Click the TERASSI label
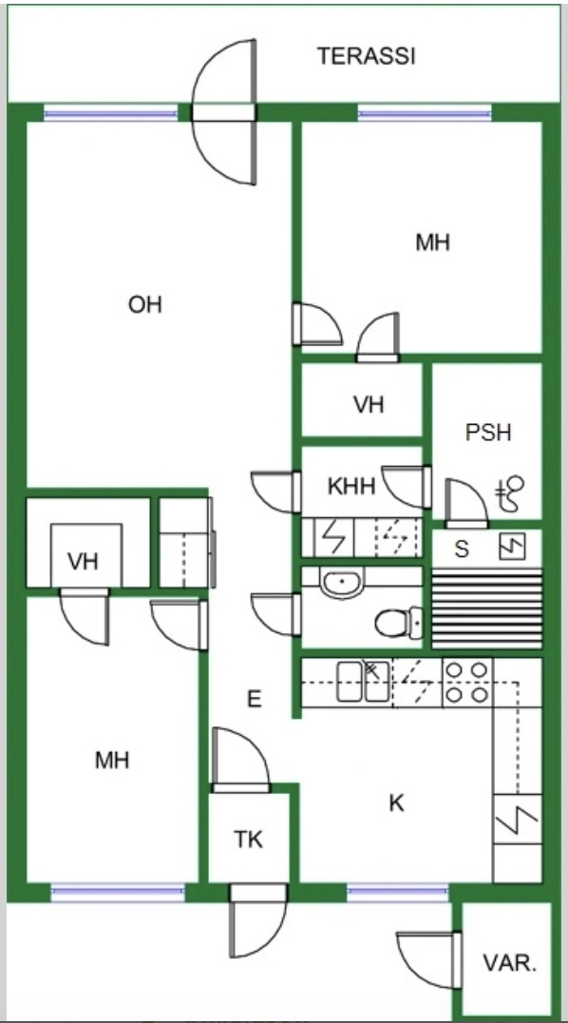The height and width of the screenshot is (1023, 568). coord(366,56)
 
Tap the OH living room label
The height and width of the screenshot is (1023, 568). coord(144,304)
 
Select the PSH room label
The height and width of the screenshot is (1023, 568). coord(488,433)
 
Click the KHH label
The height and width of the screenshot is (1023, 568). coord(351,486)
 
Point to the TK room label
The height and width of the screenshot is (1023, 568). coord(249,840)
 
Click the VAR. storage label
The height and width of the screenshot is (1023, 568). coord(510,964)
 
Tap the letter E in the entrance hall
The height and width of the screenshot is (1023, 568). coord(255,700)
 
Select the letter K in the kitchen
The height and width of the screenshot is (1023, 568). coord(396,803)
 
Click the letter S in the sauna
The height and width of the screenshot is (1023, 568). coord(462,550)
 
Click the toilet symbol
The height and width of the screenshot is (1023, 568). coord(399,623)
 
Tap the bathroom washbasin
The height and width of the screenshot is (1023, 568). coord(342,581)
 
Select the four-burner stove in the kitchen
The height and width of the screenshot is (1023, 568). coord(467,683)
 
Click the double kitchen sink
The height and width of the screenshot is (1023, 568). coord(363,682)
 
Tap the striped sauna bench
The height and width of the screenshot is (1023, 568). coord(487,608)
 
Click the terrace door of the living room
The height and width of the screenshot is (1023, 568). coord(223,112)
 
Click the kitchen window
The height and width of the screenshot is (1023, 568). coord(398,893)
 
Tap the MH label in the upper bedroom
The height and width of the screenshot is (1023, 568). coord(433,242)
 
